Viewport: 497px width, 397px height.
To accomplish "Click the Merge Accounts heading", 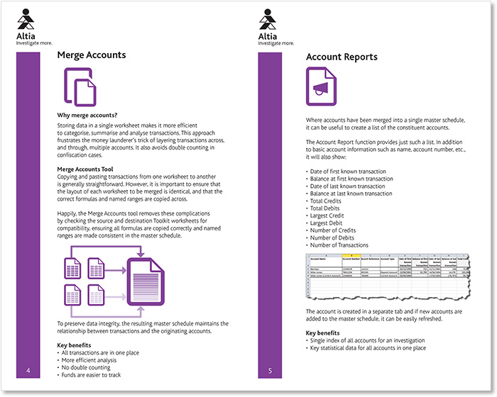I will coord(92,55).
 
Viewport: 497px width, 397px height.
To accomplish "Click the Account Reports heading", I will coord(342,57).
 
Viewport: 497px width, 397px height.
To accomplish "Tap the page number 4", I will coord(28,371).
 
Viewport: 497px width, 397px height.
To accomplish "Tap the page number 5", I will coord(271,371).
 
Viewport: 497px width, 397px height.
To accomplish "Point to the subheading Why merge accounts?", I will coord(87,115).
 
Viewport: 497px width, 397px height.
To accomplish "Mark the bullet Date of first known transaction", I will coord(347,172).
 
